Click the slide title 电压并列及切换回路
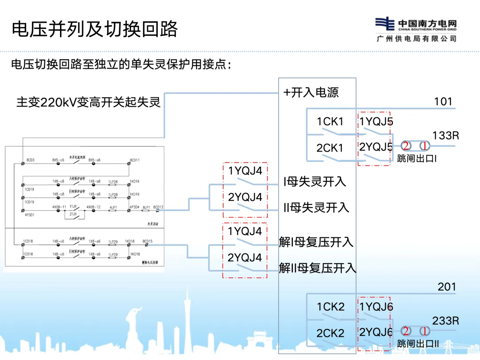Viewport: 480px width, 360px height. (95, 29)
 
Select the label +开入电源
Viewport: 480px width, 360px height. (311, 92)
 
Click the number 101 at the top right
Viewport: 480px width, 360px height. (443, 102)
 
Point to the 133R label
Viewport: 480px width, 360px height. (445, 136)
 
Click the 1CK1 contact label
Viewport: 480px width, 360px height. (330, 121)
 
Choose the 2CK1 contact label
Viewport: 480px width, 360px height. (330, 148)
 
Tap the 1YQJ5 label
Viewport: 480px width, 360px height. (376, 121)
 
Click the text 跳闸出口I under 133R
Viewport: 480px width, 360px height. (416, 158)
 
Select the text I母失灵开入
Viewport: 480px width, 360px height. (315, 181)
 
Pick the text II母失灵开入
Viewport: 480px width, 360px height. (316, 208)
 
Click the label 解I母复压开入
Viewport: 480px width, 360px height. (316, 242)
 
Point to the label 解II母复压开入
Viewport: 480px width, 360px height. (317, 268)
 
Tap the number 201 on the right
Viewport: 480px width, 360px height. (447, 287)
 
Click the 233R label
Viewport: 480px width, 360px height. (445, 320)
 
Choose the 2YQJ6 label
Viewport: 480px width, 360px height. (376, 332)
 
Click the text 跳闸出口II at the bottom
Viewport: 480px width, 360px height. (418, 344)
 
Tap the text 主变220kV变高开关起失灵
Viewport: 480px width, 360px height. (88, 102)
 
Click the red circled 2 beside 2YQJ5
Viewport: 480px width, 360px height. (406, 146)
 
